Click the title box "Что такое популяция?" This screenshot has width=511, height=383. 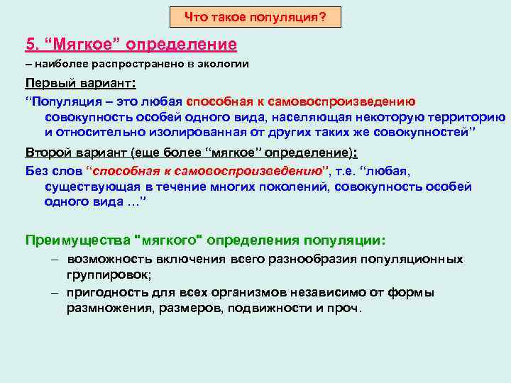click(255, 16)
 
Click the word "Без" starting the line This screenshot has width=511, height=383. click(36, 170)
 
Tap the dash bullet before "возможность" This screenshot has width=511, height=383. click(54, 260)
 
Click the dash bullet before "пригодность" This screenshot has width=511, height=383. click(54, 292)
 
